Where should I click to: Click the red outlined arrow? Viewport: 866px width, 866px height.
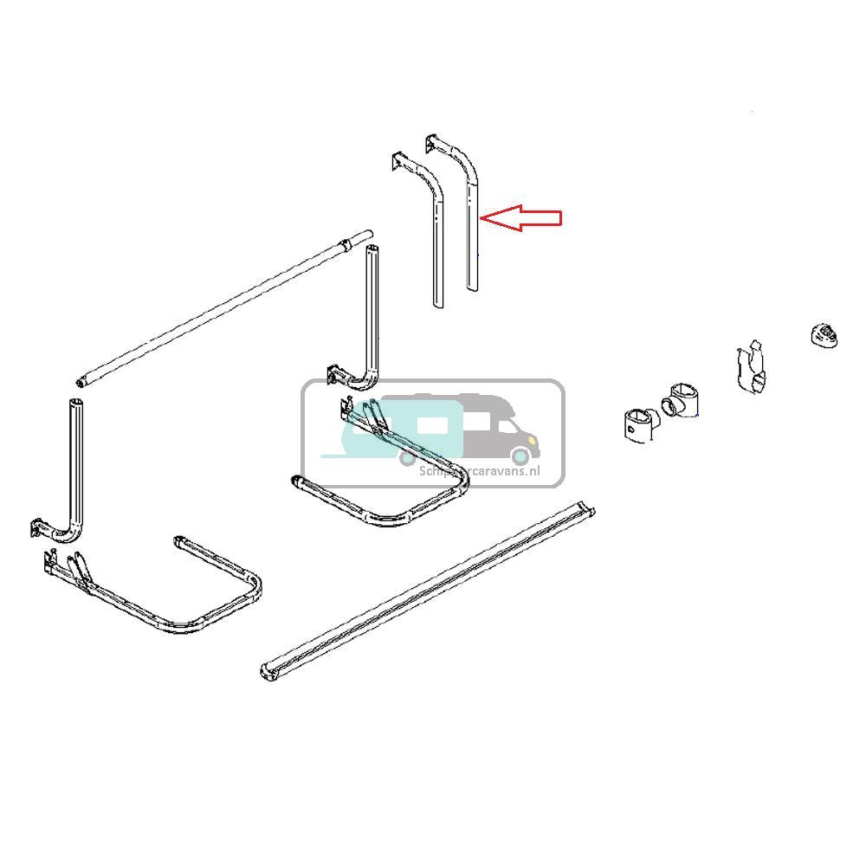[x=522, y=217]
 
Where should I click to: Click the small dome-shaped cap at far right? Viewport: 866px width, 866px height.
[x=825, y=334]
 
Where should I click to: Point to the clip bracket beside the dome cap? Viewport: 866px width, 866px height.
[x=753, y=368]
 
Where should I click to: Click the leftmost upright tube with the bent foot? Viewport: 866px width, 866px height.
[x=74, y=468]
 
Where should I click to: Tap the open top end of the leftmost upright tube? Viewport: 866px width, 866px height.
[x=75, y=403]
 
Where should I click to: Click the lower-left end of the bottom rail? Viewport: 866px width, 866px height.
[x=267, y=669]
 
